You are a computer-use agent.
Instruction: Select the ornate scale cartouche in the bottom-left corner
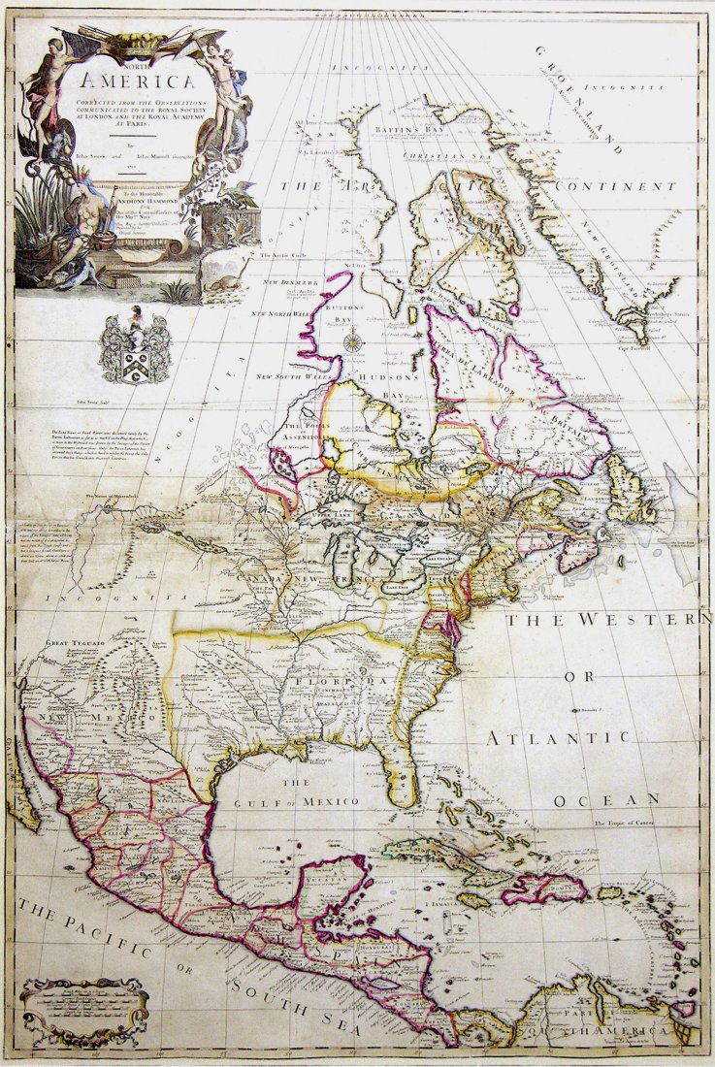(85, 1010)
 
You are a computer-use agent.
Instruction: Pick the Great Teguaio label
(74, 642)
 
